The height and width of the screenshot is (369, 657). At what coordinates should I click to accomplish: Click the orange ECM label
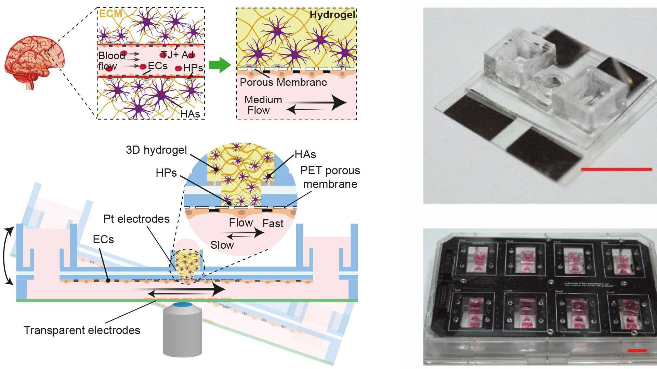(x=110, y=14)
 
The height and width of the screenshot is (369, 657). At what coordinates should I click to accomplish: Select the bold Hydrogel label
(x=332, y=15)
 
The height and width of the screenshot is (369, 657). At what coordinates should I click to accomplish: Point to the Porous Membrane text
(x=283, y=82)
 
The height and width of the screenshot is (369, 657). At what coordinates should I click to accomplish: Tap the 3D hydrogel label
(x=156, y=150)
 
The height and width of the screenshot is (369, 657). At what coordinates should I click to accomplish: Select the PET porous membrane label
(x=330, y=177)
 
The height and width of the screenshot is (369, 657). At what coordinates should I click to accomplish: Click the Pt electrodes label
(x=136, y=219)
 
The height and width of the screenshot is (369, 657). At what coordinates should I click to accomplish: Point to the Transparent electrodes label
(x=82, y=330)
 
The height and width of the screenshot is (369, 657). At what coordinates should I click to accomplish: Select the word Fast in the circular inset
(x=273, y=223)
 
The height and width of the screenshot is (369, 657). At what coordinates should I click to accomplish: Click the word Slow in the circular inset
(x=222, y=245)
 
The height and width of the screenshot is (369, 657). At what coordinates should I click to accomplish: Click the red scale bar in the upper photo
(x=616, y=169)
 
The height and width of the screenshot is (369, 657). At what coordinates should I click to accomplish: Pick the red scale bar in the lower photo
(x=637, y=351)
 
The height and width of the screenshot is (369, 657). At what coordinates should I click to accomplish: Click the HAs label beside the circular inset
(x=305, y=154)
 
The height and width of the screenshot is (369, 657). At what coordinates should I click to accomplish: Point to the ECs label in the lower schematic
(x=103, y=239)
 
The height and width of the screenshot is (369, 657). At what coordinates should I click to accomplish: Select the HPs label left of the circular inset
(x=166, y=173)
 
